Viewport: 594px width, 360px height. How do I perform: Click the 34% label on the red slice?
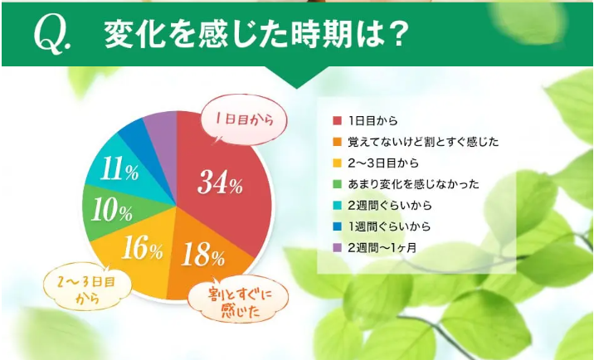(x=220, y=182)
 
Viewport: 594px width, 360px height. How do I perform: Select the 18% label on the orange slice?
(x=203, y=255)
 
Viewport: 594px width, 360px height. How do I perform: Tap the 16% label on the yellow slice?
(x=142, y=247)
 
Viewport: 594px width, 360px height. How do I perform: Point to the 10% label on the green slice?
(x=112, y=210)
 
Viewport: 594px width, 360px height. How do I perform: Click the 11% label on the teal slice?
(x=119, y=169)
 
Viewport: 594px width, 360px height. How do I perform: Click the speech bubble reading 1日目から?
(x=244, y=120)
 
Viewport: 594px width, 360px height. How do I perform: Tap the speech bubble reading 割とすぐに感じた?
(x=238, y=300)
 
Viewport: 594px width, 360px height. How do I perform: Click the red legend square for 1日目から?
(x=337, y=120)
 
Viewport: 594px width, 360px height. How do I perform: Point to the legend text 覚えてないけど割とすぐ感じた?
(x=423, y=142)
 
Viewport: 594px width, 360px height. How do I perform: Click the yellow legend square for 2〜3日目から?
(x=337, y=163)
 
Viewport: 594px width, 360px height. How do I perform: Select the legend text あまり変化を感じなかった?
(x=413, y=184)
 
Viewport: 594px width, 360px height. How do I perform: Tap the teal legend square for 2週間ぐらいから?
(x=337, y=206)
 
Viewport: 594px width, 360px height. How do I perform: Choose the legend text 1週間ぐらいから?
(x=389, y=226)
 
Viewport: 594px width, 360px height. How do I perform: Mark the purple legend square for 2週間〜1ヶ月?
(x=337, y=248)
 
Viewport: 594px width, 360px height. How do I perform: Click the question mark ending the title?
(x=397, y=35)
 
